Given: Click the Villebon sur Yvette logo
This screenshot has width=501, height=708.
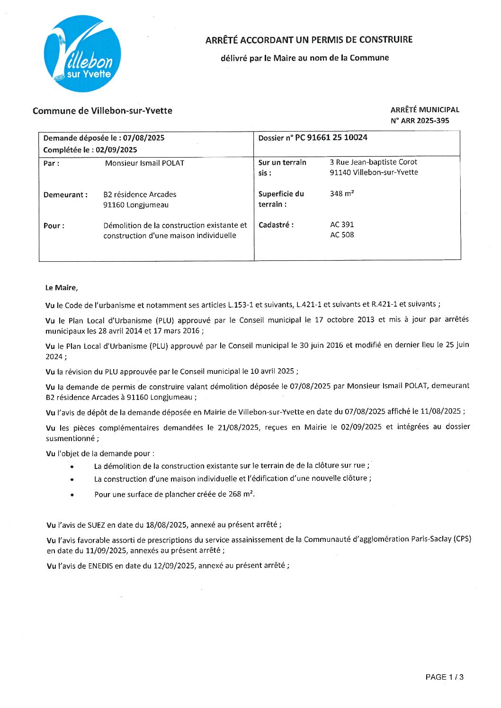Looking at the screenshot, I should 82,54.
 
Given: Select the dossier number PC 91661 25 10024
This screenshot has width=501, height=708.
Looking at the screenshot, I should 331,138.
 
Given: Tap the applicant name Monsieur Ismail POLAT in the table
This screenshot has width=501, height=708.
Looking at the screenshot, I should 144,163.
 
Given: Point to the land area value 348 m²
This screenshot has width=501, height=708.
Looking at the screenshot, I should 342,194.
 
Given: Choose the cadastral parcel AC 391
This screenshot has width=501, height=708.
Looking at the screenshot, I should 342,225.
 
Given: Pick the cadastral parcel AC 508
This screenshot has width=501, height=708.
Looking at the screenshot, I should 342,235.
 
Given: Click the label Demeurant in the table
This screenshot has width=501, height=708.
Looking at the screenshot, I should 65,195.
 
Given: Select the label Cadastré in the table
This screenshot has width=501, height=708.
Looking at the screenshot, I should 276,225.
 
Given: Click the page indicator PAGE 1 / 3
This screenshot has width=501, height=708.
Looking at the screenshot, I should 444,677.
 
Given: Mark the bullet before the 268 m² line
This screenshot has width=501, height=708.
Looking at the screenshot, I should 72,495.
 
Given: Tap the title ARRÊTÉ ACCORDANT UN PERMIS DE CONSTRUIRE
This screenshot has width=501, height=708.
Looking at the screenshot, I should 309,40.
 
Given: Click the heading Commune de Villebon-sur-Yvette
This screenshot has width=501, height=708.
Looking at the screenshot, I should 102,111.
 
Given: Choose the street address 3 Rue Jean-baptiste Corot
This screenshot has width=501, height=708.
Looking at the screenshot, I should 374,162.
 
